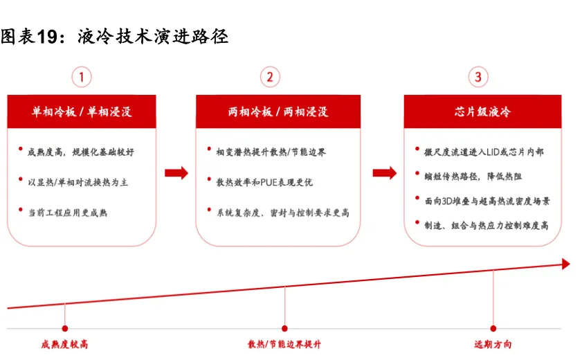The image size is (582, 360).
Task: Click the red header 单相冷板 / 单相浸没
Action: coord(82,111)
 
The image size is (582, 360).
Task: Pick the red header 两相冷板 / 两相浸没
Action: coord(278,111)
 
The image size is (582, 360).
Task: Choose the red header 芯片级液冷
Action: coord(482,111)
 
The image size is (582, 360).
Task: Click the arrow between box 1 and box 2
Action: coord(176,173)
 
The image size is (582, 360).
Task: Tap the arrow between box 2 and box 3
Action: coord(385,173)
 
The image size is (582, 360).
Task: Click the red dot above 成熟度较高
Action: coord(65,328)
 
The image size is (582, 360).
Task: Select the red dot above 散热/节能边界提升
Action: coord(284,328)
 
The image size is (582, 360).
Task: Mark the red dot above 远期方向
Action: coord(493,328)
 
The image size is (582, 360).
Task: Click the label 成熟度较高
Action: coord(64,344)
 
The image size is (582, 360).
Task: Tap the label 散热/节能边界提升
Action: coord(284,344)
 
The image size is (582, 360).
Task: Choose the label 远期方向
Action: coord(493,344)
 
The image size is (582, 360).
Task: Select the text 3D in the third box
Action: coord(447,201)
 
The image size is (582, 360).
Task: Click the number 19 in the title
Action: coord(47,37)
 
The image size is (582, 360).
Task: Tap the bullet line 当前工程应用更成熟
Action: coord(68,213)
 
